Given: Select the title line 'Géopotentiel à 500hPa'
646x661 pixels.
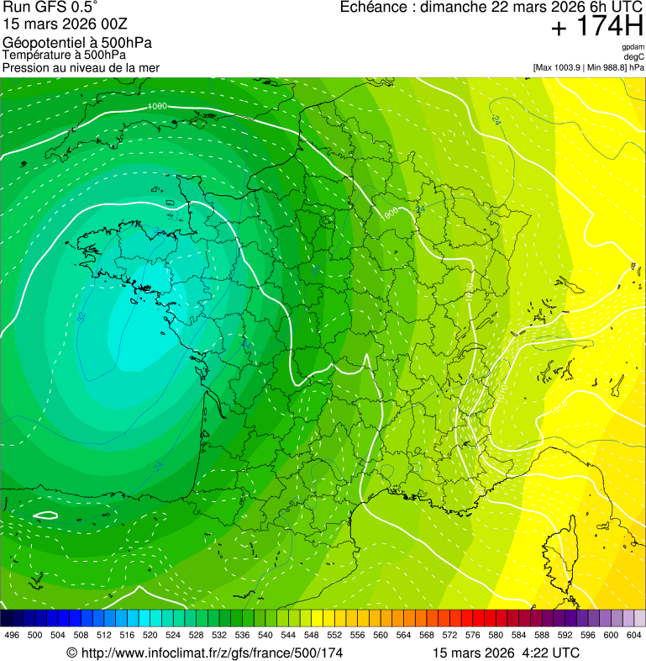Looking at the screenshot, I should [77, 43].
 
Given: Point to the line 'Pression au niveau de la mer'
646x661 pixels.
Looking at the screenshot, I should [81, 67].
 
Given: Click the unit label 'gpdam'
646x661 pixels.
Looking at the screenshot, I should [633, 47].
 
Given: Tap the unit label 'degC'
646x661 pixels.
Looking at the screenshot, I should [634, 56].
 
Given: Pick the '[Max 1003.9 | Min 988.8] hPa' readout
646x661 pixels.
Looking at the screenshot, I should [588, 67].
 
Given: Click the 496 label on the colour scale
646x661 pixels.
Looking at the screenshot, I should [12, 635].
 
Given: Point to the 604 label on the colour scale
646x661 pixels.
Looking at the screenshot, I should [634, 635].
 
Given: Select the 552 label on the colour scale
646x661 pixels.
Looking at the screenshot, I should [334, 635].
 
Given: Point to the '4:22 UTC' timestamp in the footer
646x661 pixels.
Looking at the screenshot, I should [552, 653].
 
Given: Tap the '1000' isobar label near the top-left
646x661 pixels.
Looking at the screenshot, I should [156, 107].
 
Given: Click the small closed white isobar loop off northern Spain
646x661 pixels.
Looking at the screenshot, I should [45, 515].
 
